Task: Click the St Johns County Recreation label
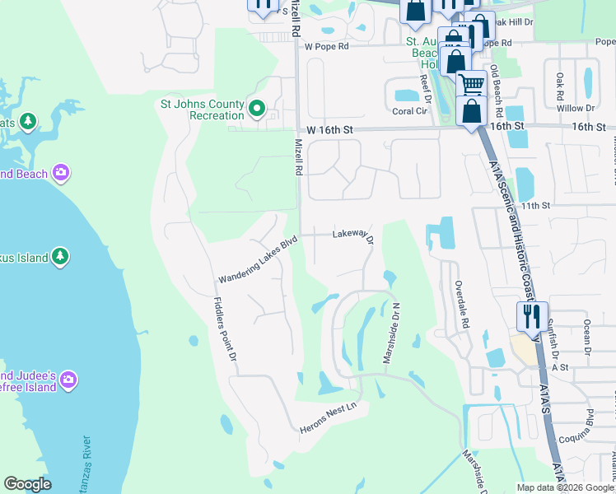point(202,110)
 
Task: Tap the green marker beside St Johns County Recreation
point(256,108)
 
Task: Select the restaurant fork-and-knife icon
point(530,315)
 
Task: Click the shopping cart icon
point(471,83)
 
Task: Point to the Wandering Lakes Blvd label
point(255,260)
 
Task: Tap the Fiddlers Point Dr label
point(226,329)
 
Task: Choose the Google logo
point(28,484)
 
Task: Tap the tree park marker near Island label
point(59,257)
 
